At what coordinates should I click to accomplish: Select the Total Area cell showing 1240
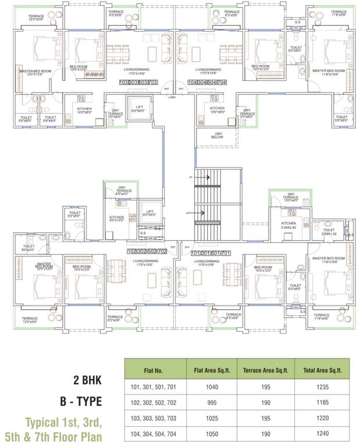point(323,432)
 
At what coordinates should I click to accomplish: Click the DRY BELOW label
point(218,136)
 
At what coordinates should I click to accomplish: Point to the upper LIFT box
point(139,110)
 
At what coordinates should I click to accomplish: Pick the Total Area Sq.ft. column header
point(323,369)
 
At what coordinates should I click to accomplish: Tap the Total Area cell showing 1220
point(323,417)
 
